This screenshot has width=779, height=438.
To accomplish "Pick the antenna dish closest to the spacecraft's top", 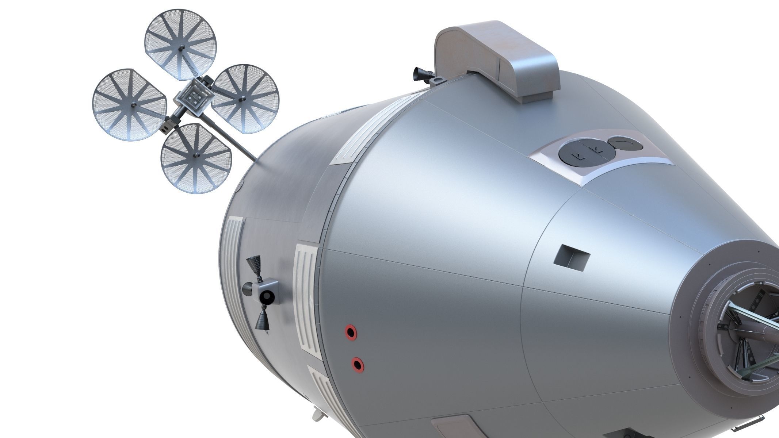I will [245, 99].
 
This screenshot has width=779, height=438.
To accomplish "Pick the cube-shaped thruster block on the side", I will [268, 291].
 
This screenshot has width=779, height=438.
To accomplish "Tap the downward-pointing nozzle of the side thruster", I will [262, 320].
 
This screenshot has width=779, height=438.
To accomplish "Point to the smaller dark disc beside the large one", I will [625, 144].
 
